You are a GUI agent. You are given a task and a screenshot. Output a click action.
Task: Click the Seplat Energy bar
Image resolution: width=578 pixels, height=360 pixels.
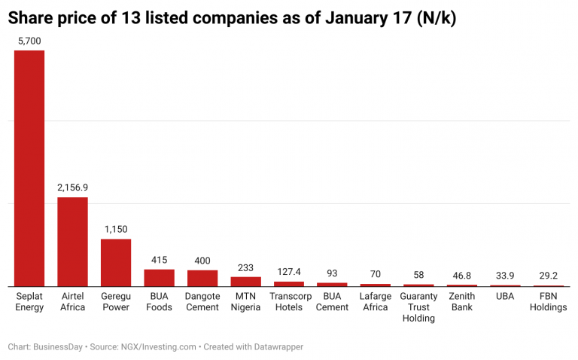pos(29,168)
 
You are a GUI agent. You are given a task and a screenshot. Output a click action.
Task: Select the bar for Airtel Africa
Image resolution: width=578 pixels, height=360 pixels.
pos(73,241)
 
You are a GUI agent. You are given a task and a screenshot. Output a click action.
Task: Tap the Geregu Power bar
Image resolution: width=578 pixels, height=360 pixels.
pos(116,262)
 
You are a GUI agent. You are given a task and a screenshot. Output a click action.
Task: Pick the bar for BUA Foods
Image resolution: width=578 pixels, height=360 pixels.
pos(160,277)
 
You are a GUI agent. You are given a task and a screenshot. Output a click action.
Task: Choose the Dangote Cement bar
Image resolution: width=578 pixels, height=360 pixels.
pos(202,278)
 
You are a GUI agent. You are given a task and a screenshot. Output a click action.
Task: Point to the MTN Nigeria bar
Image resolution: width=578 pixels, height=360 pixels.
pos(246,281)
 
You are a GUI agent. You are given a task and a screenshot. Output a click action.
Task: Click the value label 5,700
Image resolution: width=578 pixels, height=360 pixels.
pos(29,41)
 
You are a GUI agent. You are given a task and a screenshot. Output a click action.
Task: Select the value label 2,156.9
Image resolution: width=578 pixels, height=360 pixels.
pos(73,187)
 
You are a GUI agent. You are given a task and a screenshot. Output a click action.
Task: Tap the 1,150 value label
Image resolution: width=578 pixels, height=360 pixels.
pos(116,229)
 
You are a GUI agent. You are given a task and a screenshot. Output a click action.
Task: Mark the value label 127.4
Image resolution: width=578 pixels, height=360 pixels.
pos(289,271)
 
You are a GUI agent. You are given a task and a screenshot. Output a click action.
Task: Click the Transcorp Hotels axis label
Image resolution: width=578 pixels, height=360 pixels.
pos(289,301)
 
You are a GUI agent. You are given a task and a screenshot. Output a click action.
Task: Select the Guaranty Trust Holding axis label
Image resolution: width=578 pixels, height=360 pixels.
pos(418,307)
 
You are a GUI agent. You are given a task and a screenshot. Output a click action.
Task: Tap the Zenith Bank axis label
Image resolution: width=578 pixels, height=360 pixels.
pos(462,301)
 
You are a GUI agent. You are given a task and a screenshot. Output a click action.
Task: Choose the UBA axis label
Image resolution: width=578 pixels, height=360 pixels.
pos(505,297)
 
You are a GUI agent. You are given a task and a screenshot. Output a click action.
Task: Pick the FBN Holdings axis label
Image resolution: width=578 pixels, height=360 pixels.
pos(549,301)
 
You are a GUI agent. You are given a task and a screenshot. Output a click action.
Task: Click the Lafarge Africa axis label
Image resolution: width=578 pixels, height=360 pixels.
pos(376,301)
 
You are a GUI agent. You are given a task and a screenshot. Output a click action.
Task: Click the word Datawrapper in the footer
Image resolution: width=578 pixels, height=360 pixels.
pos(275,347)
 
